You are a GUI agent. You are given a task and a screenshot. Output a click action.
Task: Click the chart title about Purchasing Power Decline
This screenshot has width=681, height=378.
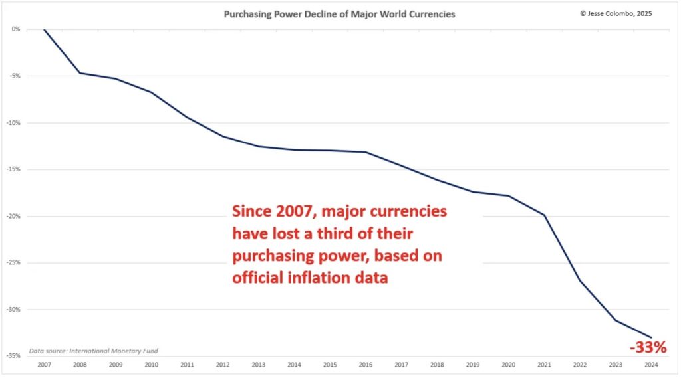click(340, 14)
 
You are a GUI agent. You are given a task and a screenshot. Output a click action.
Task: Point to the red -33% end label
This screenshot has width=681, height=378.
click(648, 347)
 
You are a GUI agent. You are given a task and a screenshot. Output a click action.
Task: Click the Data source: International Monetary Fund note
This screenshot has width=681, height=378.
click(94, 351)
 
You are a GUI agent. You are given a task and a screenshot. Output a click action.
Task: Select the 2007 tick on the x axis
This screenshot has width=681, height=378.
click(44, 365)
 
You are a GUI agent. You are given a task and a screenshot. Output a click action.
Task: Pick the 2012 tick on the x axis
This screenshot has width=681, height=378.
click(223, 365)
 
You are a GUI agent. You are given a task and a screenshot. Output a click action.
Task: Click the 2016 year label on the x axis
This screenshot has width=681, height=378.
click(366, 365)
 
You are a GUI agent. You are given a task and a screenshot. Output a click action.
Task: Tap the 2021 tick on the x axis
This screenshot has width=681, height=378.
click(544, 365)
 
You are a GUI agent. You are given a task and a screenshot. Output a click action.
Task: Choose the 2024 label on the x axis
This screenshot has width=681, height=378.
click(651, 365)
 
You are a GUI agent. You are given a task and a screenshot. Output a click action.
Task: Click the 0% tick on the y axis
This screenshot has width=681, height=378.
click(15, 29)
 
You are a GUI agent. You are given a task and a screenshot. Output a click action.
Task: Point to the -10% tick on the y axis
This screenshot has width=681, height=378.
click(14, 123)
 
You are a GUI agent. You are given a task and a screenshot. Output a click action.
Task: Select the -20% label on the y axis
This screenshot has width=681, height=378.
click(14, 216)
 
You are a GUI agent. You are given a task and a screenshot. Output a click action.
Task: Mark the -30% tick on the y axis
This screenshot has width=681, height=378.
click(14, 310)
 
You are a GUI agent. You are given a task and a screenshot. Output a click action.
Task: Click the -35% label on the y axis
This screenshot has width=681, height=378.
click(14, 356)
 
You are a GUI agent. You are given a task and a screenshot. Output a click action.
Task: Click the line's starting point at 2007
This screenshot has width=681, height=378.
click(44, 29)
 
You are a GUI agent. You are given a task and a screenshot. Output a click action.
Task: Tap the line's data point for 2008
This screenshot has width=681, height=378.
click(80, 73)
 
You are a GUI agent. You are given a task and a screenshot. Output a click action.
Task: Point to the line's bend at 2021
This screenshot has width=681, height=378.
click(544, 215)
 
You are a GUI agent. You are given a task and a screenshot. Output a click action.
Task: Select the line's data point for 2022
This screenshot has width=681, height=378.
click(580, 280)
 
